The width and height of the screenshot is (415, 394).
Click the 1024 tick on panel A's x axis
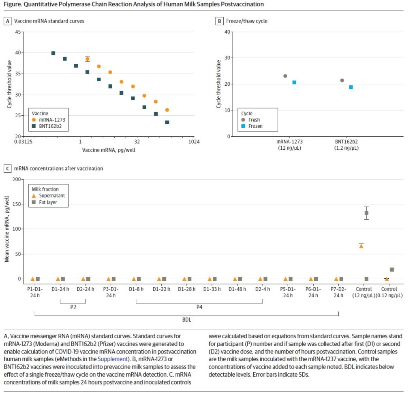194,142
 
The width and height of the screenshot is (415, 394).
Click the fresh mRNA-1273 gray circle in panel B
285,76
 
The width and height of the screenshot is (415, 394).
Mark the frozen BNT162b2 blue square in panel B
351,87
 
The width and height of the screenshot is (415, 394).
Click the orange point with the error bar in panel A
87,59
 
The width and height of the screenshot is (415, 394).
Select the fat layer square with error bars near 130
366,213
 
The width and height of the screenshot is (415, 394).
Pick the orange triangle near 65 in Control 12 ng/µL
361,246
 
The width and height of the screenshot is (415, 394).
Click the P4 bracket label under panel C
199,307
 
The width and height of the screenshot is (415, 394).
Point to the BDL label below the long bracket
187,319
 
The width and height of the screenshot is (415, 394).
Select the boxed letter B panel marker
219,21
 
